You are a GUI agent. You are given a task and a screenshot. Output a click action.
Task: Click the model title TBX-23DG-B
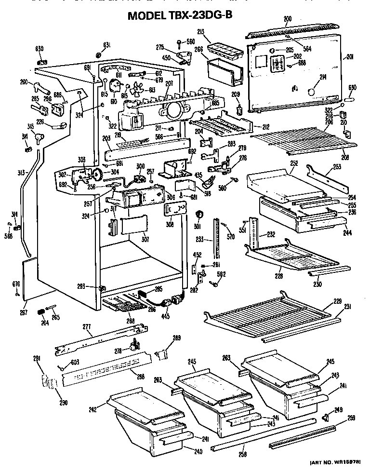pos(180,15)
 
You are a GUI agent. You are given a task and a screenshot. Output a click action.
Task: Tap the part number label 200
pos(288,19)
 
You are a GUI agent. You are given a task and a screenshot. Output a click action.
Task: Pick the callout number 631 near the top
pos(106,45)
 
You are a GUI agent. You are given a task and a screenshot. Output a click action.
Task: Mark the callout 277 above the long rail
pos(87,327)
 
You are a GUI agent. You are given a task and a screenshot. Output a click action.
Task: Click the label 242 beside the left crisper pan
pos(92,409)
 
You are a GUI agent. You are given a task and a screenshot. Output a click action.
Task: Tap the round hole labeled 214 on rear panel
pos(312,92)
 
